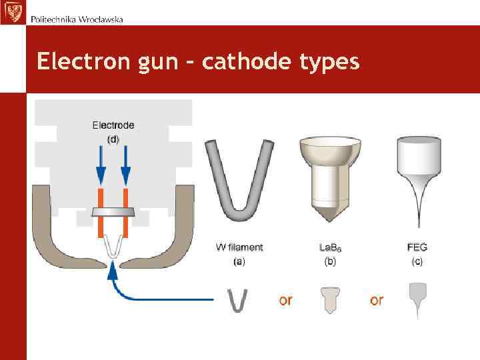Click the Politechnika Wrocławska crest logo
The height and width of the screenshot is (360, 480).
coord(13,12)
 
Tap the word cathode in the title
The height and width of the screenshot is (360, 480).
coord(235,61)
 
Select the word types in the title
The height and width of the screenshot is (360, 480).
coord(326,63)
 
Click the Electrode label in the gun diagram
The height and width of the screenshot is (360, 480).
coord(113,125)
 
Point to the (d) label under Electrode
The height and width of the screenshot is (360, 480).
coord(113,139)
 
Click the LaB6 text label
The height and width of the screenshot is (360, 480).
coord(331,247)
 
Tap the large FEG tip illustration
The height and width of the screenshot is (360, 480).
coord(418,177)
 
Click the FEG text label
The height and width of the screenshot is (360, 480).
coord(417,247)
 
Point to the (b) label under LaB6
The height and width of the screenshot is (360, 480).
coord(331,262)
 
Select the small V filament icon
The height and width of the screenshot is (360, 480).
coord(239,299)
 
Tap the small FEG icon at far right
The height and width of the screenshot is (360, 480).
coord(417,299)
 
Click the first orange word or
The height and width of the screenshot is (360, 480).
coord(285,301)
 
